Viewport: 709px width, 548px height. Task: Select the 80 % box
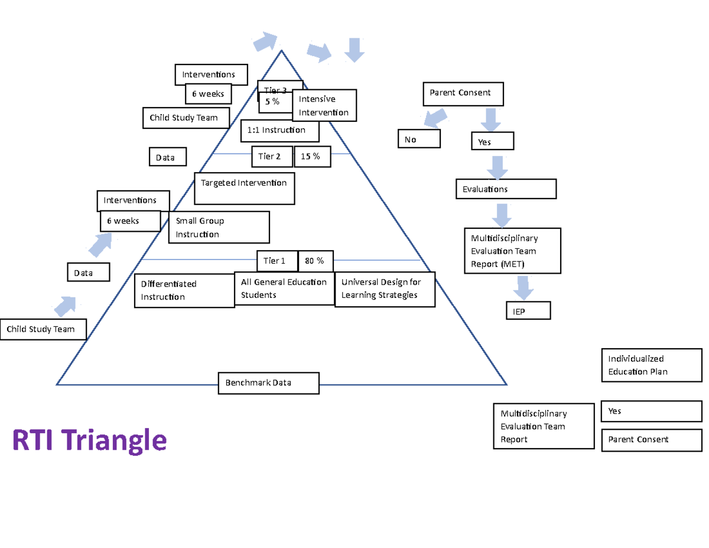(315, 261)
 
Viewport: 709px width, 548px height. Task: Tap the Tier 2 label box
(272, 157)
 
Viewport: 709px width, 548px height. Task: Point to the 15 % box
(312, 157)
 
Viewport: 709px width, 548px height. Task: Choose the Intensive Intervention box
(324, 105)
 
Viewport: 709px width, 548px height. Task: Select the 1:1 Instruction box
(280, 131)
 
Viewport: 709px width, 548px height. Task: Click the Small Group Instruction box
(219, 228)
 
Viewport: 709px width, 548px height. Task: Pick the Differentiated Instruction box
(184, 291)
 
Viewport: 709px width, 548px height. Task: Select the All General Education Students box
(284, 288)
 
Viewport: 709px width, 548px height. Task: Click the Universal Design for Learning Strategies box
(385, 289)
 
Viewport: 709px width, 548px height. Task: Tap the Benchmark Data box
(268, 382)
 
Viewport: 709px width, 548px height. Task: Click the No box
(419, 139)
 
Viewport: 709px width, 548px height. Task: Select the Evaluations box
(506, 189)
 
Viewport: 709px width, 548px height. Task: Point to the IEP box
(528, 311)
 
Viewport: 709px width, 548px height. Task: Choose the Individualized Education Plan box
(652, 365)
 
